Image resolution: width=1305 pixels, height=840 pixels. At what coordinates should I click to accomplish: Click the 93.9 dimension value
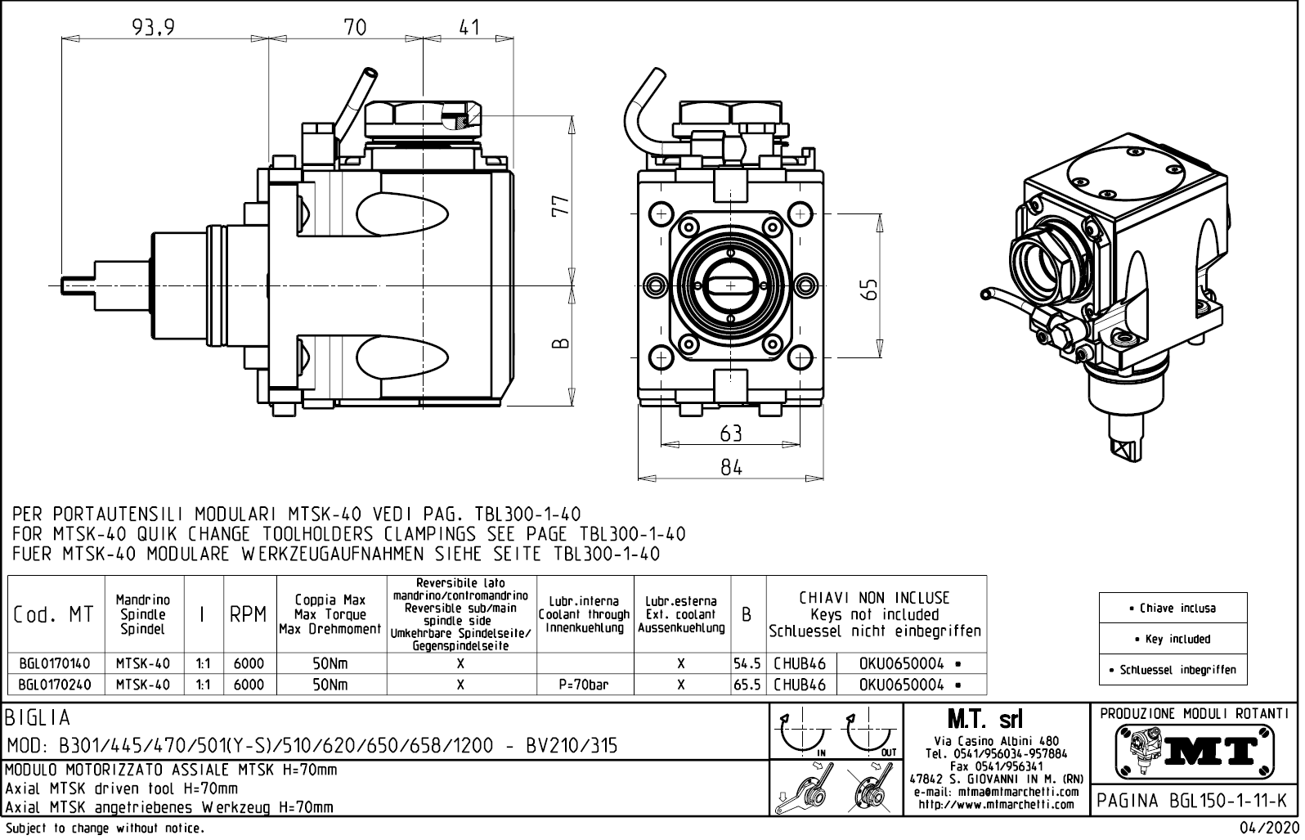point(154,28)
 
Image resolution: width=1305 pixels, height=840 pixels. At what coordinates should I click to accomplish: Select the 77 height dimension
point(560,206)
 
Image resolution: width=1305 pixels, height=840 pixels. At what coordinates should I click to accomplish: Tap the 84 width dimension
point(731,467)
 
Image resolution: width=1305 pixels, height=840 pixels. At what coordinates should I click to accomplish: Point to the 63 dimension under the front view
point(731,433)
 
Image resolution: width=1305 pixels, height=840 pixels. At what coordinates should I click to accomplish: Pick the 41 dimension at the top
point(469,28)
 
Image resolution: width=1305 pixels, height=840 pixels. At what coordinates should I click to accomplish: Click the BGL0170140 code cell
point(55,663)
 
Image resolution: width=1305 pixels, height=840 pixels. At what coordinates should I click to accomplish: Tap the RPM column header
point(249,615)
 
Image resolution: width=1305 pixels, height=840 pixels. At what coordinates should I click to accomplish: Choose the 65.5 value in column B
point(747,685)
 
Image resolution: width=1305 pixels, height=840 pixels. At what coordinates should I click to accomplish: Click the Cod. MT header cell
point(54,615)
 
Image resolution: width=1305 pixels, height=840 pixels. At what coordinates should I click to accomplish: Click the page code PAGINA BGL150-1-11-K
point(1195,801)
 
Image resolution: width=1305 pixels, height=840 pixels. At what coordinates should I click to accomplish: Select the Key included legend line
point(1173,639)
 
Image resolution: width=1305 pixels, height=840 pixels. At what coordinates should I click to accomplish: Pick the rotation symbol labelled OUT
point(871,734)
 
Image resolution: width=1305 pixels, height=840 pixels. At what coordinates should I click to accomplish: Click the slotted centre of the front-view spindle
point(731,285)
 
